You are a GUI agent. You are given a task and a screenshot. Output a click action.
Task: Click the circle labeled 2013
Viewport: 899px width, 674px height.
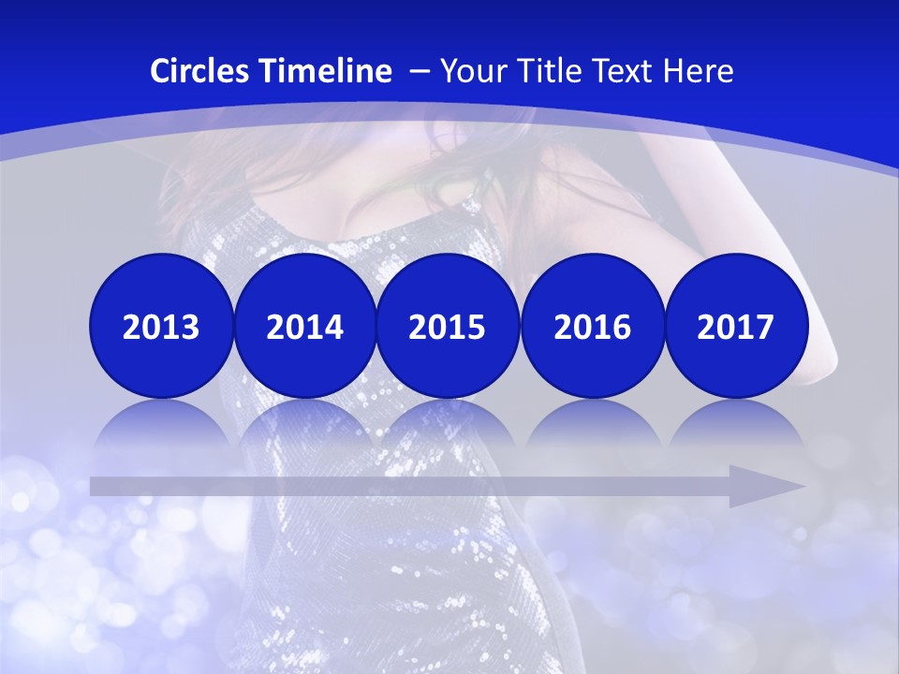pos(161,326)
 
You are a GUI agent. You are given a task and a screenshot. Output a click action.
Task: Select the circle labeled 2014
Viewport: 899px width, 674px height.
pos(304,326)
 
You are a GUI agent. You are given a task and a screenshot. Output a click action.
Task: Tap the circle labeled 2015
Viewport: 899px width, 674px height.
pos(448,326)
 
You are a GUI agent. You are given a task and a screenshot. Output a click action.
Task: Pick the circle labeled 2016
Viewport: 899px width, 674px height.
pos(592,326)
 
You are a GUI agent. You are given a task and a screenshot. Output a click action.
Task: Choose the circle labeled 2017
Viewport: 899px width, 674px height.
pos(736,326)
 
